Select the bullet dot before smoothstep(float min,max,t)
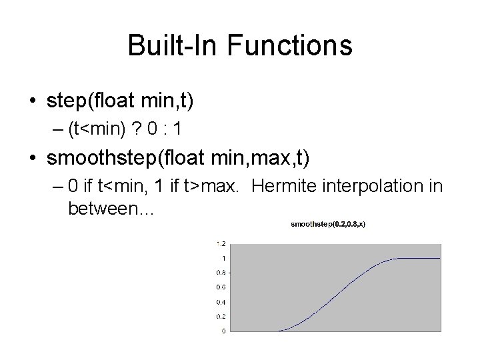point(31,159)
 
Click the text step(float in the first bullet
point(93,101)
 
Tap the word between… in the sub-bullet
point(111,209)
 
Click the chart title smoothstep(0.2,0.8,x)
point(328,224)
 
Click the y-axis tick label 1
point(223,257)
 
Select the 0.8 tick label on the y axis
point(221,272)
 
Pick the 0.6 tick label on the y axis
point(221,287)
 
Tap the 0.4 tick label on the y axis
point(221,301)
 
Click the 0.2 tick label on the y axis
point(221,316)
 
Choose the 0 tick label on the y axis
point(223,331)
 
